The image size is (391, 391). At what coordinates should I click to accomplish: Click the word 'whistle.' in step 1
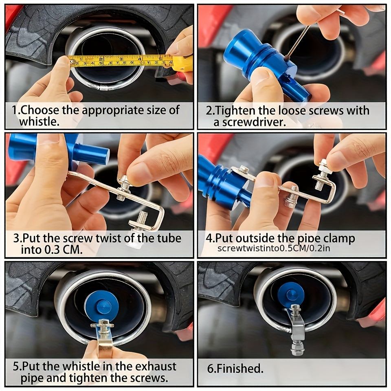point(40,122)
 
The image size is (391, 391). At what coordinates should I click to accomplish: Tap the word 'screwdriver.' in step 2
point(250,122)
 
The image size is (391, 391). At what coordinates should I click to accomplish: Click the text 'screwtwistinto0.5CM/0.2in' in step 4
point(274,248)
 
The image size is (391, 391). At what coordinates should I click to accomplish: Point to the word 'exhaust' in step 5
point(156,367)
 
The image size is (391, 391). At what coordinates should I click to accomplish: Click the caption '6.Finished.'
point(235,369)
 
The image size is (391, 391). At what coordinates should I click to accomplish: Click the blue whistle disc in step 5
point(102,306)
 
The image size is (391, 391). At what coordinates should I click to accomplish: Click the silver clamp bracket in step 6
point(296,329)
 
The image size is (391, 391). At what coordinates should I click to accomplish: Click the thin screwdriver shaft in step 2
point(299,41)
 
